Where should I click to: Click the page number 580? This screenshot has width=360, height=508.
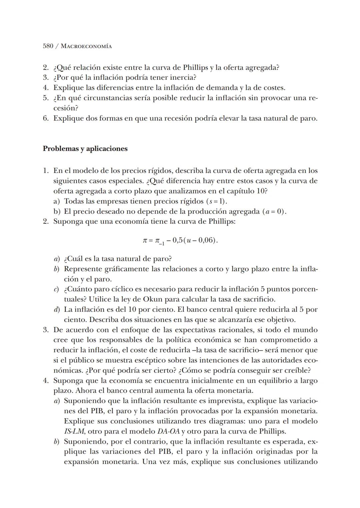[x=48, y=46]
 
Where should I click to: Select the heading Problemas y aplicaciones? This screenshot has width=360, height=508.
[x=85, y=149]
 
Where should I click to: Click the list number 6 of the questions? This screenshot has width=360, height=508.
[x=46, y=118]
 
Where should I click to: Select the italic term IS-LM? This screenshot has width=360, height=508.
[x=74, y=431]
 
